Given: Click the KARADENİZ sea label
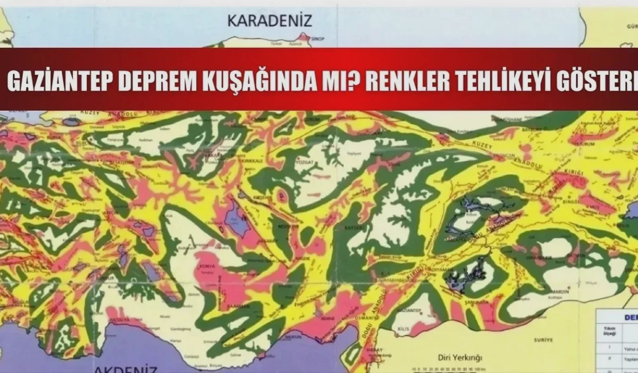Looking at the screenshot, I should [x=270, y=21].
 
